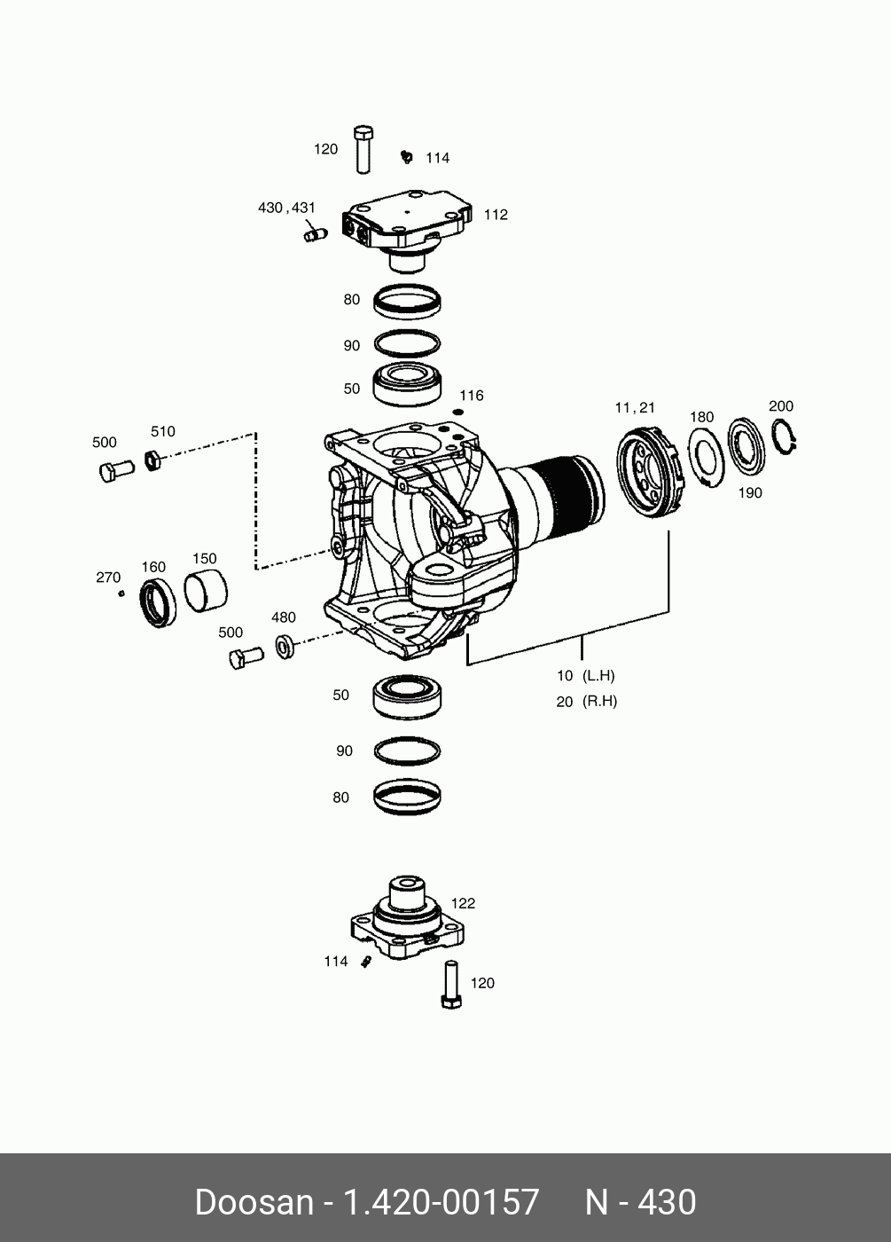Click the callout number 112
(x=496, y=215)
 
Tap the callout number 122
(x=463, y=903)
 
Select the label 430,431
(x=286, y=208)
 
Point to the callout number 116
(x=471, y=396)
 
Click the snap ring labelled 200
(x=784, y=436)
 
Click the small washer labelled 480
(x=285, y=646)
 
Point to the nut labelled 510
(x=152, y=460)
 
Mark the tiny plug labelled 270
(x=121, y=593)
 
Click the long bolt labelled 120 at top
(x=362, y=149)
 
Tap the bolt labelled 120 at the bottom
(x=450, y=984)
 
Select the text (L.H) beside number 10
(x=598, y=675)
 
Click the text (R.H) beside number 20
(x=599, y=701)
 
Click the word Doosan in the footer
(x=254, y=1202)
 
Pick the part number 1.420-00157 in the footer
(x=441, y=1202)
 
